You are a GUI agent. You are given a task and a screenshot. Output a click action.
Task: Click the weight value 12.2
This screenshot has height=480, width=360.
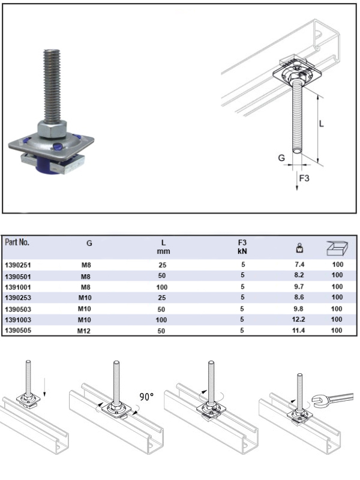(x=295, y=319)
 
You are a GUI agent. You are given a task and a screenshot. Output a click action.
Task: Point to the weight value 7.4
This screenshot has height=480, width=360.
(x=295, y=264)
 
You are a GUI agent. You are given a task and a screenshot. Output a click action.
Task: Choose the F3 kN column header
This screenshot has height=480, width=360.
(x=242, y=247)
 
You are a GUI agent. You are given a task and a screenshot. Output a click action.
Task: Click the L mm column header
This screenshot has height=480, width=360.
(x=163, y=247)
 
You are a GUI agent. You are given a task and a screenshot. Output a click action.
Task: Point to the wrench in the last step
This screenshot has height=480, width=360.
(x=332, y=395)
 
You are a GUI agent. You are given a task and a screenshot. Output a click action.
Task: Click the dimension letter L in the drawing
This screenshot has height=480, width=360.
(x=322, y=124)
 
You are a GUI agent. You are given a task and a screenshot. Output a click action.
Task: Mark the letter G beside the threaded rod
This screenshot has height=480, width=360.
(x=281, y=158)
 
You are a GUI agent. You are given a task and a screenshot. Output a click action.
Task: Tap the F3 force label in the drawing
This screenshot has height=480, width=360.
(x=304, y=178)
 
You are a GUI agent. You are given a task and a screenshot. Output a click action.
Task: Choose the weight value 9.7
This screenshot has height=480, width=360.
(x=295, y=286)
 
